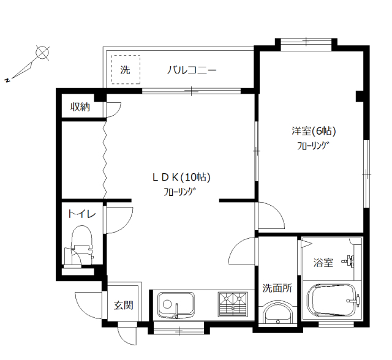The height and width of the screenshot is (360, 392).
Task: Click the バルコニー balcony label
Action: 192,70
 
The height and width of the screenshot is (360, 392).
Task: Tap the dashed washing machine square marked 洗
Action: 126,70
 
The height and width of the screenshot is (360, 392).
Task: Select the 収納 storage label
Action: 80,107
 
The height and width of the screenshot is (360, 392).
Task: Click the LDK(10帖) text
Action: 181,177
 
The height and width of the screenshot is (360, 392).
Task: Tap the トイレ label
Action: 81,214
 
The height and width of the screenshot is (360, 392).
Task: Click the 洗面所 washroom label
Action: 277,288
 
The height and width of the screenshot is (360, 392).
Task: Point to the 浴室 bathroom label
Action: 323,263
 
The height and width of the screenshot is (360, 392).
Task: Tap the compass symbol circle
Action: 42,53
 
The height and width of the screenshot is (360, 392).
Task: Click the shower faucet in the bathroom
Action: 350,261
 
